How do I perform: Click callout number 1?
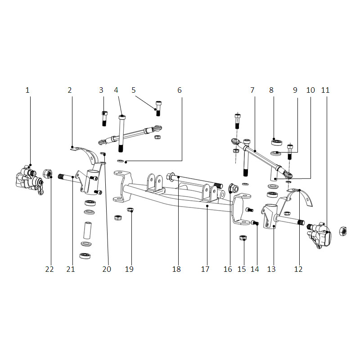pyautogui.click(x=27, y=90)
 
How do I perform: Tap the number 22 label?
pyautogui.click(x=49, y=269)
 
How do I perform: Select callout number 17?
pyautogui.click(x=205, y=269)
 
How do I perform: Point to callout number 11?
pyautogui.click(x=325, y=90)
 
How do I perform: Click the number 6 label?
pyautogui.click(x=180, y=90)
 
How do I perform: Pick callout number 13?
pyautogui.click(x=271, y=269)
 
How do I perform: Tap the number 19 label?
pyautogui.click(x=129, y=269)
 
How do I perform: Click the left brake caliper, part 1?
pyautogui.click(x=30, y=180)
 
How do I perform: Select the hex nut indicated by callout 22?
pyautogui.click(x=48, y=174)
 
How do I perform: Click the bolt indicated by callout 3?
pyautogui.click(x=104, y=118)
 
